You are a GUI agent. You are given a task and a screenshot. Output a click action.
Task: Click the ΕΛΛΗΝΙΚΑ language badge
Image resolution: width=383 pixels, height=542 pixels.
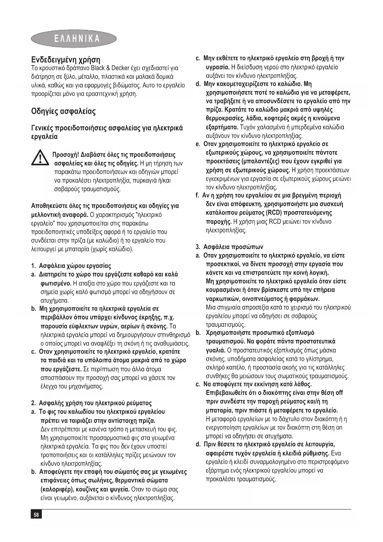[74, 39]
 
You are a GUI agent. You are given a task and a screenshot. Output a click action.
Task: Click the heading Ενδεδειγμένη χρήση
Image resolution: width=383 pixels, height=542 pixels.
[66, 60]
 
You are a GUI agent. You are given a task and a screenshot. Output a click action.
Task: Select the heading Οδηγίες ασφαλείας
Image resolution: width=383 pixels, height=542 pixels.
[64, 111]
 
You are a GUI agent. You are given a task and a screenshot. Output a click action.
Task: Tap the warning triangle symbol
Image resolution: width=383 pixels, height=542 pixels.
[40, 157]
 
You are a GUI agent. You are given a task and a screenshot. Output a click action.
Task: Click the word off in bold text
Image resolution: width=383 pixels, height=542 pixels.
[339, 393]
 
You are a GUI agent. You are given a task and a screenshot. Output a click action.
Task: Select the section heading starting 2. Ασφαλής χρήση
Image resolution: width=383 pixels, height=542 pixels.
[91, 403]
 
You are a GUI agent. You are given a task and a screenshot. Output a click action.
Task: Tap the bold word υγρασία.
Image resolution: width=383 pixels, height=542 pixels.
[217, 67]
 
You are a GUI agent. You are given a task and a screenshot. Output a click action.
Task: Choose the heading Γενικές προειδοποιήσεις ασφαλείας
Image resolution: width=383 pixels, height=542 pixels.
[107, 128]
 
